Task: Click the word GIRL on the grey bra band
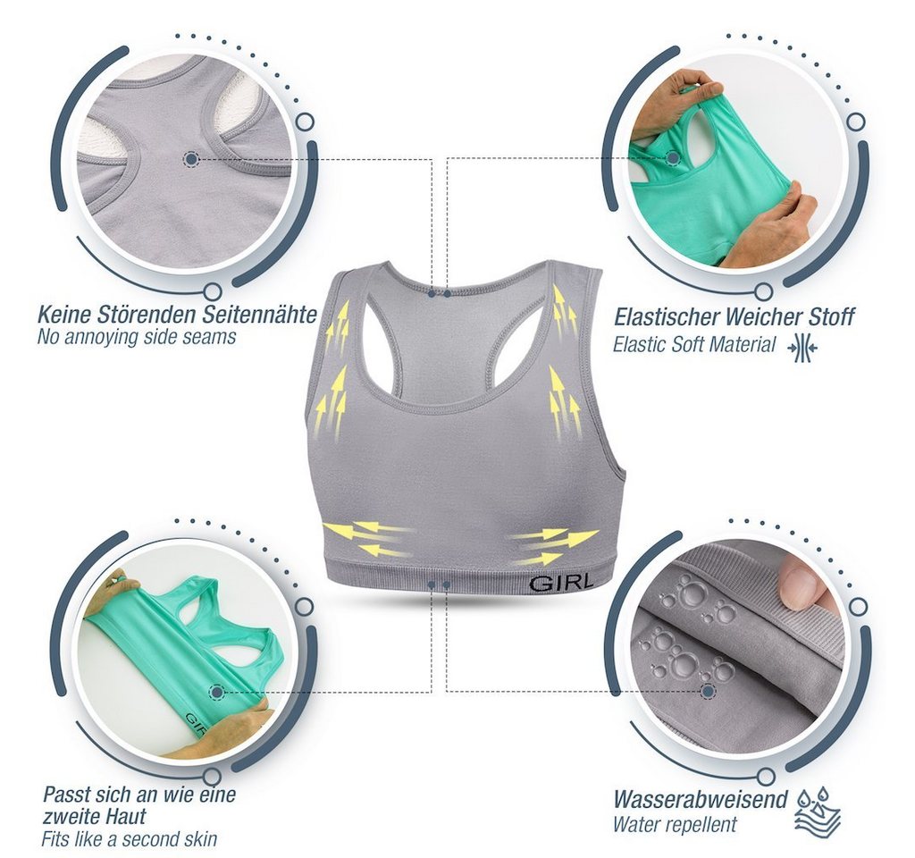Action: coord(561,582)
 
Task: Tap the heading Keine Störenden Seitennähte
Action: coord(177,315)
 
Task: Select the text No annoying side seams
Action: coord(137,337)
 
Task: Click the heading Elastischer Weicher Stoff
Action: coord(734,317)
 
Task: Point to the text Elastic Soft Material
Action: coord(693,345)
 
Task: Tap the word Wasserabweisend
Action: coord(701,800)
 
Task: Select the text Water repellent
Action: coord(675,825)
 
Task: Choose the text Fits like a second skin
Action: coord(129,838)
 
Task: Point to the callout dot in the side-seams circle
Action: coord(191,158)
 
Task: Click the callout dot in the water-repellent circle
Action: coord(709,692)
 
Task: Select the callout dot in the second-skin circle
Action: coord(217,693)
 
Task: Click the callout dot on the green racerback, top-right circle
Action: coord(674,157)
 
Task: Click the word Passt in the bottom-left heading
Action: coord(65,795)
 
